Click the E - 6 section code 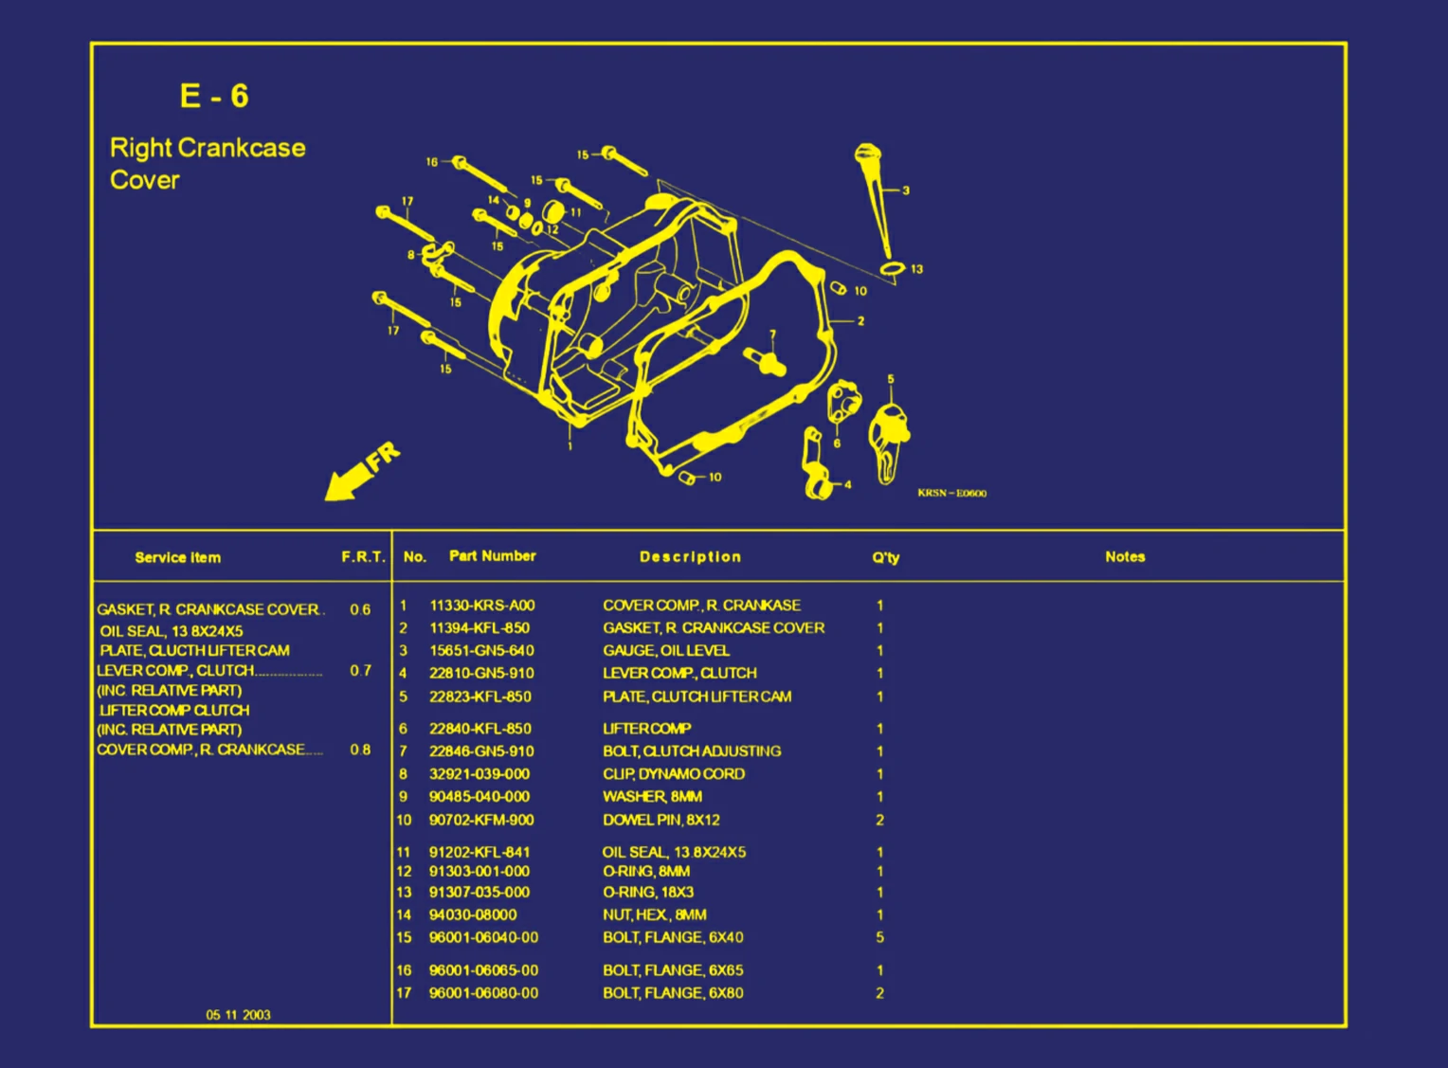coord(214,96)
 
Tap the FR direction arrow coord(361,471)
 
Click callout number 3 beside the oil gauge coord(906,190)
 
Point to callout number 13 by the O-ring coord(916,269)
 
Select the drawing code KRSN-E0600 coord(951,493)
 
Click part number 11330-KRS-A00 coord(481,606)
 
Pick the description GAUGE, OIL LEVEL coord(665,651)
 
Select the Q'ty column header coord(885,557)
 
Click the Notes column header coord(1125,557)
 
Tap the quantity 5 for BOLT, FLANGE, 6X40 coord(879,937)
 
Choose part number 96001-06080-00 coord(483,993)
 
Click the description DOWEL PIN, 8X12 coord(661,820)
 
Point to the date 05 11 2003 coord(238,1015)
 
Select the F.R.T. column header coord(363,557)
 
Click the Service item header coord(177,557)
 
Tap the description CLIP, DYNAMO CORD coord(673,774)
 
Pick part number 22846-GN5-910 coord(481,751)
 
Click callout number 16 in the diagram coord(431,162)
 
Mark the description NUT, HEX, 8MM coord(654,914)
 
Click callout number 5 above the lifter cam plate coord(890,379)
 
